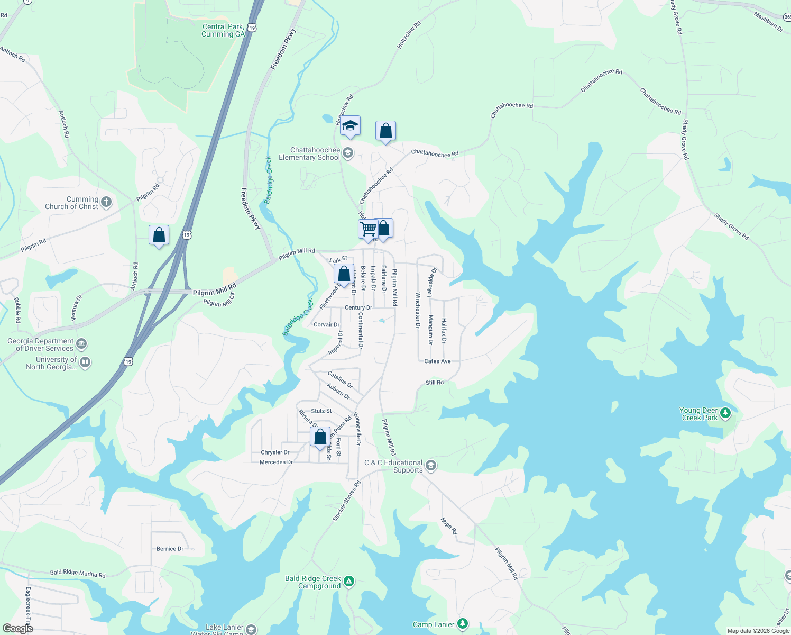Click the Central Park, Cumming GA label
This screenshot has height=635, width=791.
223,30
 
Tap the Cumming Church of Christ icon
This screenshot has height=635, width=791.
106,202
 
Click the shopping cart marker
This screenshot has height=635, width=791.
368,229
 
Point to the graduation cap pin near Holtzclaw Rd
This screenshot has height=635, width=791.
350,126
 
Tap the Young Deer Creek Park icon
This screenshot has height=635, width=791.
725,413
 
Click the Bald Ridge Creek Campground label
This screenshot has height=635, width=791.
312,582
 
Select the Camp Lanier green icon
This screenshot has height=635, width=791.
463,624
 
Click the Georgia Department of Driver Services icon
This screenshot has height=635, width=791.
81,344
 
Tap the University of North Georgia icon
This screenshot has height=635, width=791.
85,362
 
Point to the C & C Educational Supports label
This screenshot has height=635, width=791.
393,466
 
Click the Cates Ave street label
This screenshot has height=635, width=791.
437,361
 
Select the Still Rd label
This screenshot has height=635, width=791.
435,382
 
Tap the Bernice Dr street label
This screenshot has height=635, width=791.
170,549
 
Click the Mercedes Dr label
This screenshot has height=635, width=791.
276,462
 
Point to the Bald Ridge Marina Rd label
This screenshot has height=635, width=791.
78,574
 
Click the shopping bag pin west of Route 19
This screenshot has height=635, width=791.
159,235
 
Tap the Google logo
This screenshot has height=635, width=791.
17,629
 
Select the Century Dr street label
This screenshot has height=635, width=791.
358,307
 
